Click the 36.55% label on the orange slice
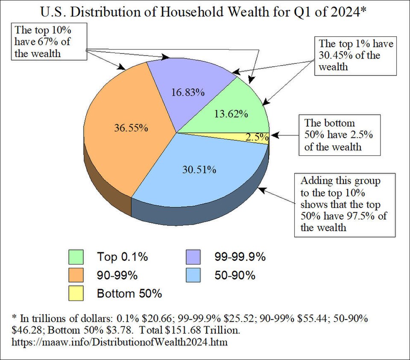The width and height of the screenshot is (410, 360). [x=131, y=128]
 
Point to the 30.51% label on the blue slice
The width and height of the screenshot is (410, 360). [x=199, y=170]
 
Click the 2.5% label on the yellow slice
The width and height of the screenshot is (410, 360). [x=257, y=138]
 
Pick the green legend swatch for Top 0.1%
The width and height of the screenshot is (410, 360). [x=75, y=257]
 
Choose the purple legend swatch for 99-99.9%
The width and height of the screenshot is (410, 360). [x=194, y=257]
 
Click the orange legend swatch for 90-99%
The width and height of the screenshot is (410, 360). [x=75, y=275]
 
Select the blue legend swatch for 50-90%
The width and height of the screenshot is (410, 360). [x=194, y=275]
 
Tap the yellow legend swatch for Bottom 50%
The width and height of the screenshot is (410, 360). [x=75, y=294]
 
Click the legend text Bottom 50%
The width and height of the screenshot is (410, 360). [x=129, y=294]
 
